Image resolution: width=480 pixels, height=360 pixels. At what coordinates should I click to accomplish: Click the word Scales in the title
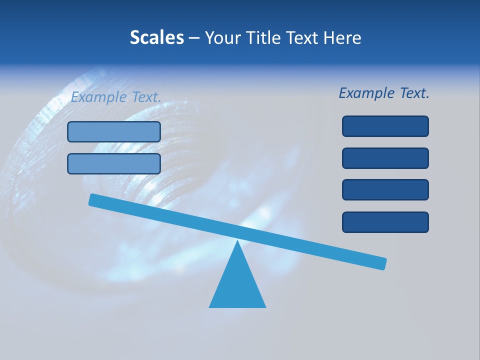coord(156,38)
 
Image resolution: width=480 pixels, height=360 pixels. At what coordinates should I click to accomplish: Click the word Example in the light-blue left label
coord(98,97)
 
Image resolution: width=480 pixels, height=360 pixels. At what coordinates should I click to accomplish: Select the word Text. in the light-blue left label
coord(146,97)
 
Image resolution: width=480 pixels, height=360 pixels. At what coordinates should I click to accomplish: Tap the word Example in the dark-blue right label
coord(366,93)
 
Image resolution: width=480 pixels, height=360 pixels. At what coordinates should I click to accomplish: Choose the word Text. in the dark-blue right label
coord(414,93)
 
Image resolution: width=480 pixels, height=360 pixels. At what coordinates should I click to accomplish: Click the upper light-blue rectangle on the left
coord(114,131)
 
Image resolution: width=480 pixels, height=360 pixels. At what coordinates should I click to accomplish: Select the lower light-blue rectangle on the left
coord(114,163)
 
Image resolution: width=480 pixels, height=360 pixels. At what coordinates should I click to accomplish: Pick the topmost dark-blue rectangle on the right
coord(385,126)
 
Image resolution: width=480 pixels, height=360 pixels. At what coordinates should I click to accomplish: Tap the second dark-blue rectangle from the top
coord(385,158)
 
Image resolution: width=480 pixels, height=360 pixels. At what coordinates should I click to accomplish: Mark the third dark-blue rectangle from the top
coord(385,189)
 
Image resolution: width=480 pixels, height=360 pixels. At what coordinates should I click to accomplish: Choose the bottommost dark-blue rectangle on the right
coord(385,222)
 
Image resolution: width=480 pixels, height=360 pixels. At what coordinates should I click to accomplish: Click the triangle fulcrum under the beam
coord(237,285)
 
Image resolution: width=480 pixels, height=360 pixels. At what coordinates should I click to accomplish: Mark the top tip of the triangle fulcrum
coord(237,242)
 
